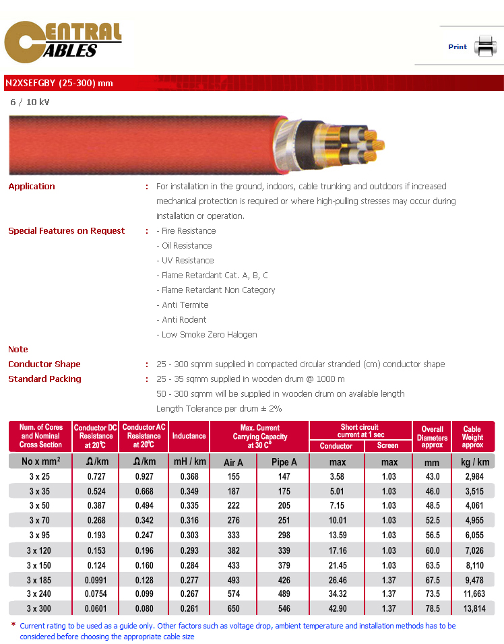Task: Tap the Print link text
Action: (458, 47)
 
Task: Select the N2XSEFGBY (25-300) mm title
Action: (59, 84)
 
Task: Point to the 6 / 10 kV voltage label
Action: (30, 102)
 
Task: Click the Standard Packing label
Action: (44, 379)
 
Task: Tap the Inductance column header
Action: (189, 436)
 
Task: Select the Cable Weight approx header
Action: (472, 437)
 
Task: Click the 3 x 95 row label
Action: (40, 535)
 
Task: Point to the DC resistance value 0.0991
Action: (96, 579)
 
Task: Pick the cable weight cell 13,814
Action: (473, 609)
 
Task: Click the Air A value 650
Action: (233, 609)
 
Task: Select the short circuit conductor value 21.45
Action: (337, 565)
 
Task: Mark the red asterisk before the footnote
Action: (13, 626)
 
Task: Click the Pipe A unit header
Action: (283, 462)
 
